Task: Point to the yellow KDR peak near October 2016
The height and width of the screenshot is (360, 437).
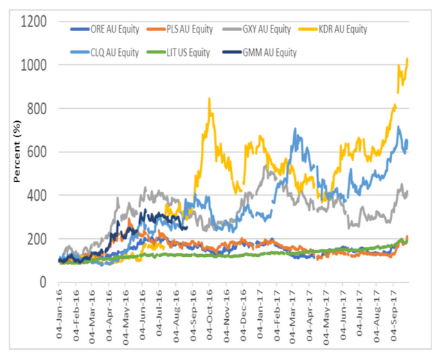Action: [x=208, y=99]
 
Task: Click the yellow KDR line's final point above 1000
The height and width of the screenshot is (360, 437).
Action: [x=408, y=59]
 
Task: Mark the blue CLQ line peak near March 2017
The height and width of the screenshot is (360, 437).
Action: [x=296, y=129]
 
